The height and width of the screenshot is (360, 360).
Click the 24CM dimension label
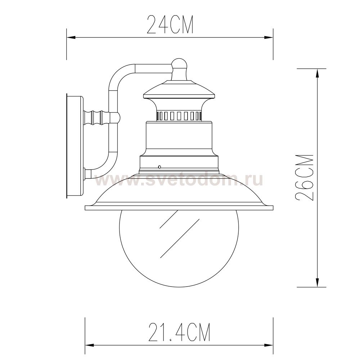point(170,24)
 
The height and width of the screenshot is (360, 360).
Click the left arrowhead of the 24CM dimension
point(71,37)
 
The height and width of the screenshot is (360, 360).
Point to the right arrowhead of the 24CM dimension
point(269,37)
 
